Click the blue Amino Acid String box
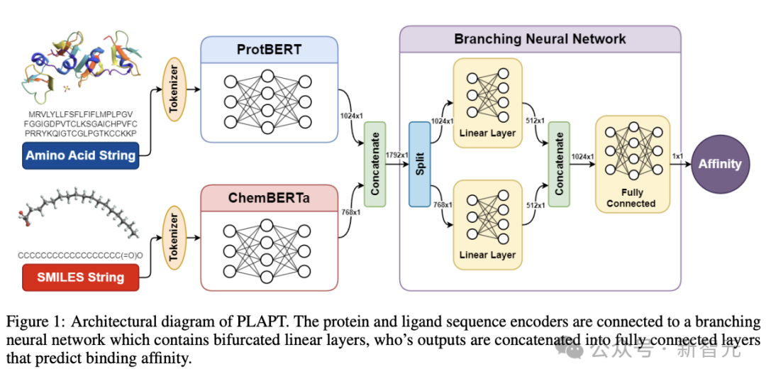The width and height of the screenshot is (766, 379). (x=81, y=156)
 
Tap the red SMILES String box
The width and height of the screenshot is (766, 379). (x=81, y=278)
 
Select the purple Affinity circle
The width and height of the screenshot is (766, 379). (x=720, y=164)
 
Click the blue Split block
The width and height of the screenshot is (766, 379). (x=420, y=164)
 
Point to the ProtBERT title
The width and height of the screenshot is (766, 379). (x=270, y=50)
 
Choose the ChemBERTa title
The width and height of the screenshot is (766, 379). (x=270, y=199)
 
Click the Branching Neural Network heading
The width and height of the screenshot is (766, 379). (x=540, y=38)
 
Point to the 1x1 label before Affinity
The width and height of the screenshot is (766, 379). (x=679, y=156)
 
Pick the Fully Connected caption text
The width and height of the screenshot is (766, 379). (x=631, y=199)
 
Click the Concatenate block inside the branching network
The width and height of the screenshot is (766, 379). (x=560, y=164)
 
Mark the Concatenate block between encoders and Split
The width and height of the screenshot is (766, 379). (x=374, y=164)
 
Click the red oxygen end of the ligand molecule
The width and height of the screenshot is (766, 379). (x=25, y=219)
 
